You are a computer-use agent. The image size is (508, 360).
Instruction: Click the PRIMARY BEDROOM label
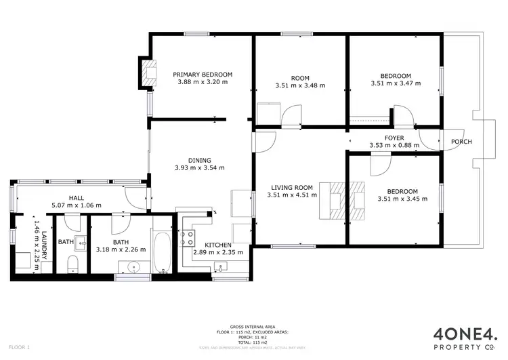[203, 75]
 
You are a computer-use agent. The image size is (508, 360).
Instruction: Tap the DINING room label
[199, 161]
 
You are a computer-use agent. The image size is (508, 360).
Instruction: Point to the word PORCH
[461, 142]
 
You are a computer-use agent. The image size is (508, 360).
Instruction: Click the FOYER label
[394, 138]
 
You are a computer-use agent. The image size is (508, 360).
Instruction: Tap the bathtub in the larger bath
[162, 253]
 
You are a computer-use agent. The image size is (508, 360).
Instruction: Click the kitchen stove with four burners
[187, 239]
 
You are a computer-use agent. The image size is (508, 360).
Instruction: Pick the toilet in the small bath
[75, 264]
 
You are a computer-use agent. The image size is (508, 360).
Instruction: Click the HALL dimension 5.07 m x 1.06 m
[76, 205]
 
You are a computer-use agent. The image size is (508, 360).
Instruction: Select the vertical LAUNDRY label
[45, 246]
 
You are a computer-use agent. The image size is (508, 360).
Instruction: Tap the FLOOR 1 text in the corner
[19, 347]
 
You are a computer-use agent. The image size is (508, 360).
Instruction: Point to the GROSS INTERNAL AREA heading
[253, 326]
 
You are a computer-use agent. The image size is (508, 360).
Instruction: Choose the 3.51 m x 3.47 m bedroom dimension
[396, 84]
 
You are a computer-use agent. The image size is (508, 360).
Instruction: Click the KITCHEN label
[218, 245]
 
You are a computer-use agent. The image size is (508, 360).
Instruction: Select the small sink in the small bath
[82, 243]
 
